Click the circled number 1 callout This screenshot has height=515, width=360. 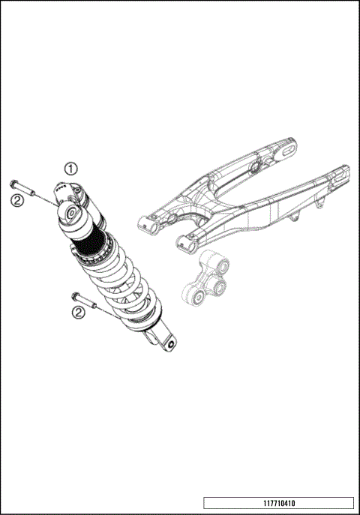[70, 168]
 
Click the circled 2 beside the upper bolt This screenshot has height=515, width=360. [16, 199]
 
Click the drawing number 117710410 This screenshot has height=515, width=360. [278, 502]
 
